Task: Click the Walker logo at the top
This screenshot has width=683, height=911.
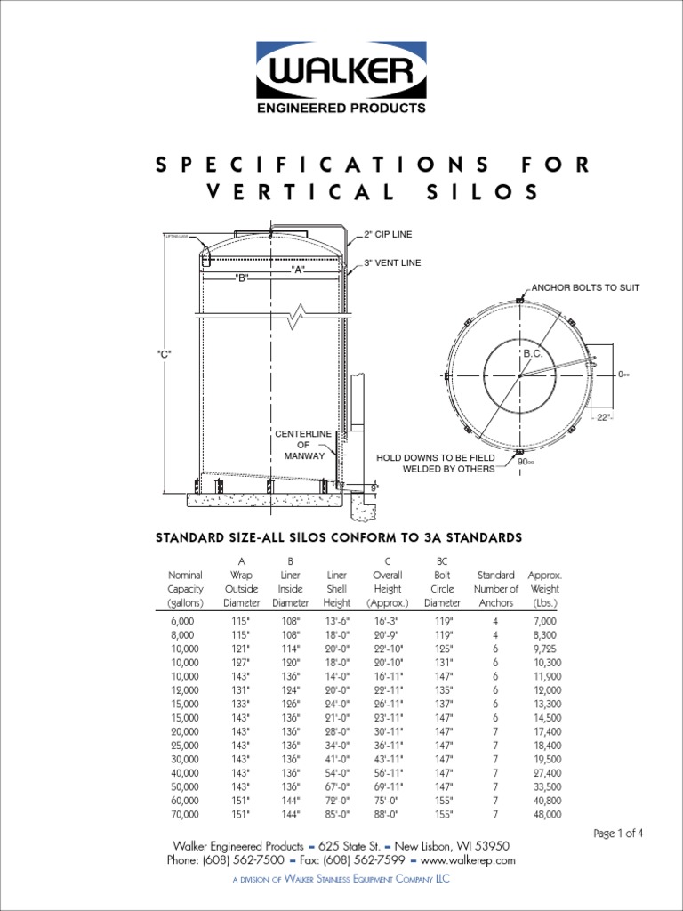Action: (341, 78)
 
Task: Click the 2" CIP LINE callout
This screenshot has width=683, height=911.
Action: (388, 234)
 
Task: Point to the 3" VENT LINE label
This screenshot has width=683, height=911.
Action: (392, 263)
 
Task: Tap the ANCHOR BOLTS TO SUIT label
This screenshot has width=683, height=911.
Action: (585, 288)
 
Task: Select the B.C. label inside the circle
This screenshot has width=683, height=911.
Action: (533, 354)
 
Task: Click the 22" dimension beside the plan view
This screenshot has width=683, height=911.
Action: (606, 418)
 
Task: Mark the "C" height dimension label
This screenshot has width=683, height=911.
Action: (164, 354)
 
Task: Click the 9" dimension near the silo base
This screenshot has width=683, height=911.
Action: (374, 488)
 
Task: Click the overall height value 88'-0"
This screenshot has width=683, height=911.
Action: (388, 814)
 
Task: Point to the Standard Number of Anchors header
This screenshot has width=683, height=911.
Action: (496, 589)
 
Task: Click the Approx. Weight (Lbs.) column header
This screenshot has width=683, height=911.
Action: (544, 589)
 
